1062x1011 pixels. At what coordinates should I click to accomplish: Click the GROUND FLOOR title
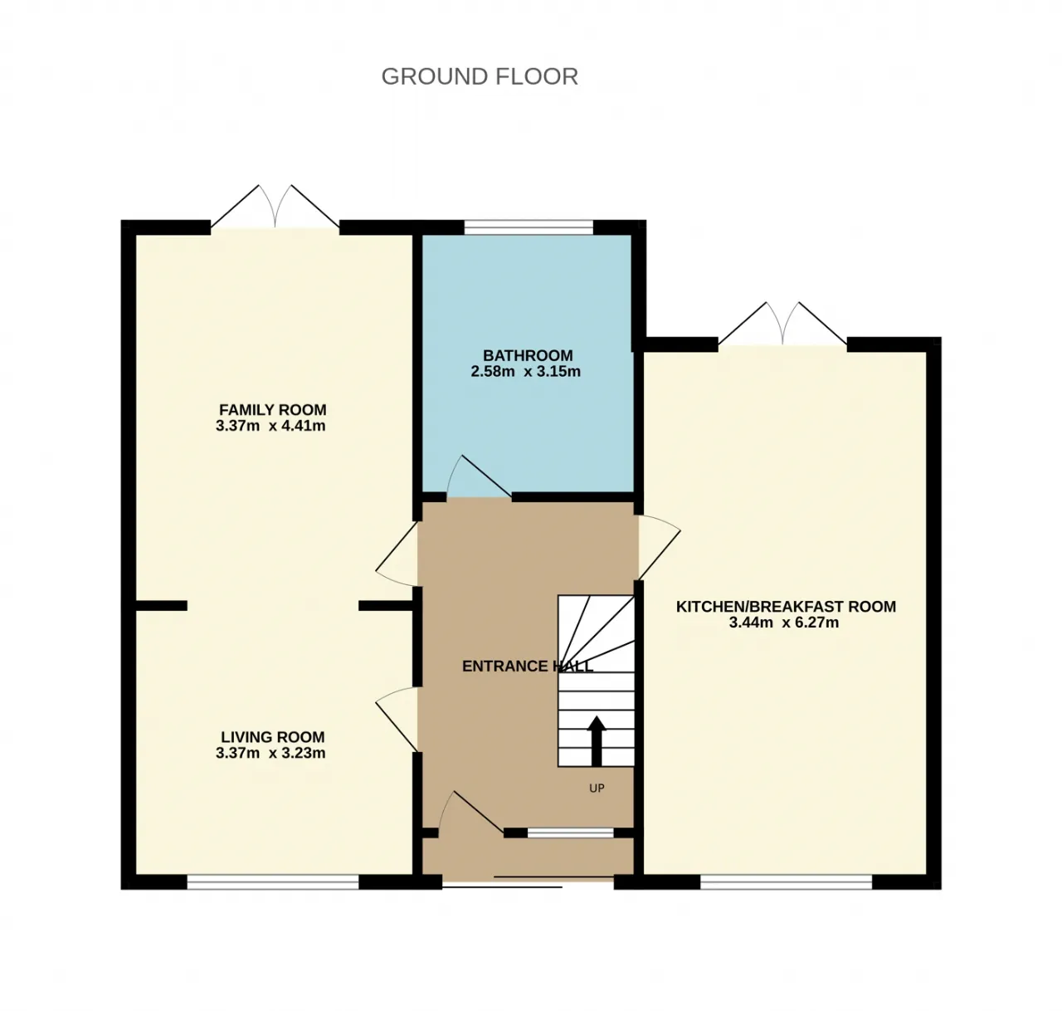coord(480,76)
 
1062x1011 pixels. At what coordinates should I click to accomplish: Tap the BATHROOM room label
coord(528,356)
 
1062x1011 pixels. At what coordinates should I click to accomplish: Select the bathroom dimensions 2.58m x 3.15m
coord(525,372)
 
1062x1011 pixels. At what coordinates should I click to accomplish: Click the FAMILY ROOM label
coord(273,410)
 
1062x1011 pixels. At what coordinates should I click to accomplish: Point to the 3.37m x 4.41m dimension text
coord(270,426)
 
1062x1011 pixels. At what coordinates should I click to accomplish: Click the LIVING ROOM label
coord(273,737)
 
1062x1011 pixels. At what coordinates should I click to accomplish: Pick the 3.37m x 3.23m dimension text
coord(270,753)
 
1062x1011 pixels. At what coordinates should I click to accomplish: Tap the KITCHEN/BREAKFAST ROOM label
coord(786,607)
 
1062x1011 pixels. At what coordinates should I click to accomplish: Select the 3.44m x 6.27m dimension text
coord(784,623)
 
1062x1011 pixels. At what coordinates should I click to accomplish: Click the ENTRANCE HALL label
coord(528,666)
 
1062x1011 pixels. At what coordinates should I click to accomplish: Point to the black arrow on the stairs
coord(597,741)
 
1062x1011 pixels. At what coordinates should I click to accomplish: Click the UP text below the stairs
coord(597,789)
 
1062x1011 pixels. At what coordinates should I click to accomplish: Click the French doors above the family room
coord(275,207)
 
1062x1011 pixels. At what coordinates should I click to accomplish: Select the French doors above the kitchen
coord(782,323)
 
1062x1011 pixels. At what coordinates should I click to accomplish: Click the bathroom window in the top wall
coord(529,227)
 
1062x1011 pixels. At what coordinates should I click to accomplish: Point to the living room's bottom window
coord(273,882)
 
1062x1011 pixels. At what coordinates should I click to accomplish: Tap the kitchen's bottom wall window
coord(786,882)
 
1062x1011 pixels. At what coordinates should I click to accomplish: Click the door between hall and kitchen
coord(660,548)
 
